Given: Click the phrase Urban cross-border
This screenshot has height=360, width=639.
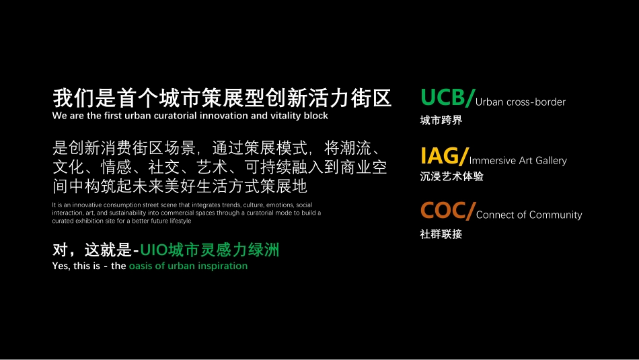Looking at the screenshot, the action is pos(521,102).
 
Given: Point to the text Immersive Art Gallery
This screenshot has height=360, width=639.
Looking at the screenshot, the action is pos(518,160).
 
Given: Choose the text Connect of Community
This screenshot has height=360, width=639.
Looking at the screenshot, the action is pos(529,215).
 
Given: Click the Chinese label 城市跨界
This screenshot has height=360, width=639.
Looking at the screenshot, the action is pos(441,120).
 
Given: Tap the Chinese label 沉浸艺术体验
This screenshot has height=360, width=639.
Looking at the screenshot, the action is pos(451,176).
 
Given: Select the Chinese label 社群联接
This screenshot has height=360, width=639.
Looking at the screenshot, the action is pos(441,234).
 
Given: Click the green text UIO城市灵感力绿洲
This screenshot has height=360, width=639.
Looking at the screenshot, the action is pos(209,250).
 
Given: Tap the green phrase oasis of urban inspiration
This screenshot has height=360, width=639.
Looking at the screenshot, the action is pos(188,266).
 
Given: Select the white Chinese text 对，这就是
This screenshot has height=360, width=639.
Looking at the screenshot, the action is pos(92,250).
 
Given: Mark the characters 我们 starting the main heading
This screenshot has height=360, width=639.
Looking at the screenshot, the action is pos(73,98).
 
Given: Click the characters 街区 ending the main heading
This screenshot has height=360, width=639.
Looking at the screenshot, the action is pos(371,98).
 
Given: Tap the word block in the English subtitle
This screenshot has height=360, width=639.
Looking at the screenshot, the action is pos(316,116).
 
